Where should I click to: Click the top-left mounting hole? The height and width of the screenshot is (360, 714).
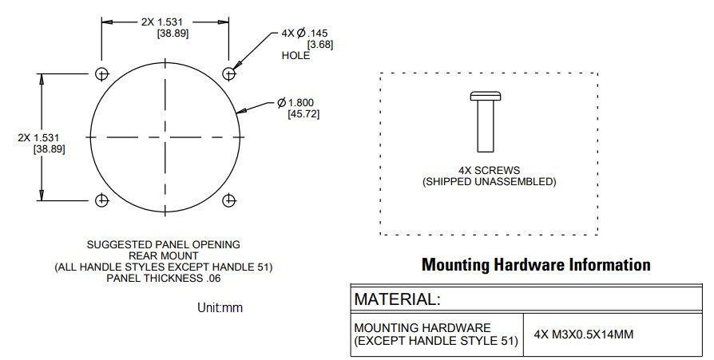coord(101,74)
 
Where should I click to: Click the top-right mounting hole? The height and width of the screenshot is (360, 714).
coord(230,74)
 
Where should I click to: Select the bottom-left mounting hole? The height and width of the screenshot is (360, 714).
coord(101,200)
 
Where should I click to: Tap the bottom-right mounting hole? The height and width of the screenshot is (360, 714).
coord(230,200)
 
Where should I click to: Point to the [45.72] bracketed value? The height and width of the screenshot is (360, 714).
coord(303,115)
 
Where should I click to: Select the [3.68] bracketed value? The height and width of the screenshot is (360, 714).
coord(319,44)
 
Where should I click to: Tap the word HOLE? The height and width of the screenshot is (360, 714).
coord(296,56)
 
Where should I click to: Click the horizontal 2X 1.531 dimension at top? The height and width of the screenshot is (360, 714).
coord(165,22)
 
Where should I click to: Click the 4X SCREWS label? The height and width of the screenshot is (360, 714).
coord(489,170)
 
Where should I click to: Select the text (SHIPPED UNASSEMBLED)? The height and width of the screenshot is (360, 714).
coord(489,182)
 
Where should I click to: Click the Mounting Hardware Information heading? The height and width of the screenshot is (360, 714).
coord(535,264)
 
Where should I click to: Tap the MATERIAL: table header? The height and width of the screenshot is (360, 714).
coord(397,299)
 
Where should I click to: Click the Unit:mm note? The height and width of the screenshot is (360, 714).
coord(220,307)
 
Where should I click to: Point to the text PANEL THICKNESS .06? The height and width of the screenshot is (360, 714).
coord(163,278)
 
